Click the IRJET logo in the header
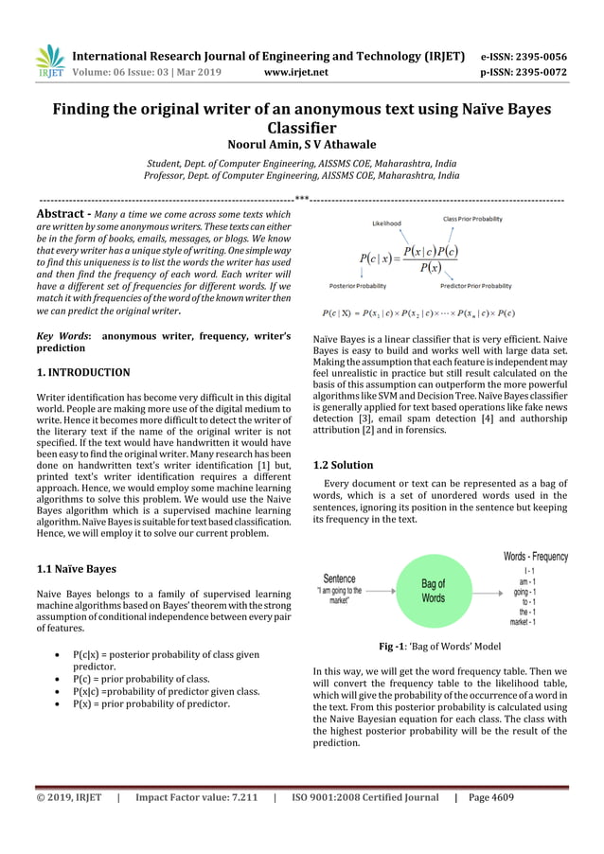point(50,61)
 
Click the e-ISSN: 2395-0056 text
point(531,56)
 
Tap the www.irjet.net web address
point(296,71)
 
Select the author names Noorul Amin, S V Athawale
point(301,145)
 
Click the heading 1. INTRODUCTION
point(82,372)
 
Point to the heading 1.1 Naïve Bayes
point(76,569)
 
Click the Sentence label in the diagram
point(339,578)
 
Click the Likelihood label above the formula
point(386,223)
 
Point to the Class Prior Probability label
point(472,219)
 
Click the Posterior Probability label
point(357,285)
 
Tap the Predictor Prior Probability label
point(475,285)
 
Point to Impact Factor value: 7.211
point(197,797)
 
